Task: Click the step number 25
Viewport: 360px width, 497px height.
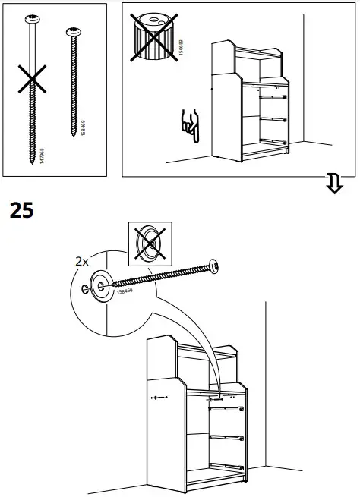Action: tap(22, 210)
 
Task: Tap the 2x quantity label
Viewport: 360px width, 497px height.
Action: tap(83, 260)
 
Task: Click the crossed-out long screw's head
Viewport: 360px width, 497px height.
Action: tap(33, 17)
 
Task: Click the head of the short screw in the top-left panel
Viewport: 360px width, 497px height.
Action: tap(76, 33)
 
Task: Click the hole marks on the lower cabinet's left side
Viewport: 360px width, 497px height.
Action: tap(158, 397)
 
